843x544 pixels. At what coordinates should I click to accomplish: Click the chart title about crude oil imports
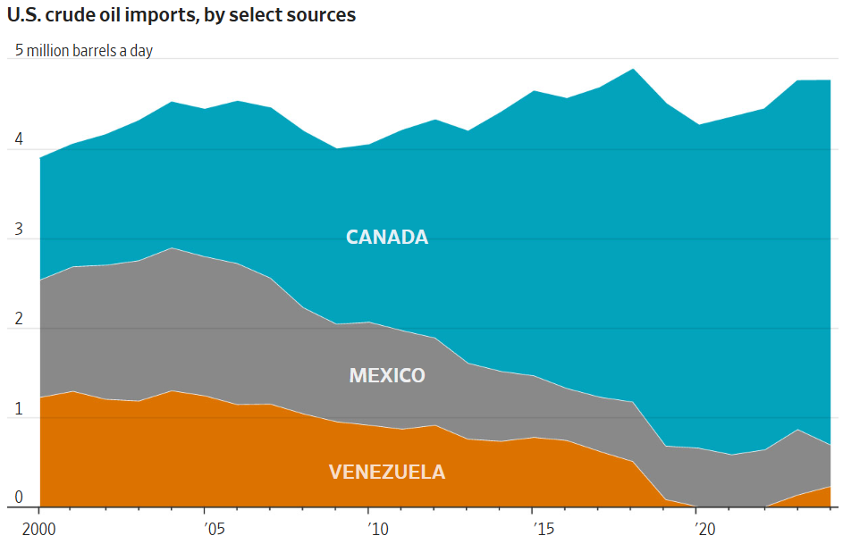point(181,15)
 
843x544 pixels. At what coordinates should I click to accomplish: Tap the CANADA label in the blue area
point(387,238)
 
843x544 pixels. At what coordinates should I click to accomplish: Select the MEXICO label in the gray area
point(387,375)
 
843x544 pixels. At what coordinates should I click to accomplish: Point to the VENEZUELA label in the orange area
point(387,473)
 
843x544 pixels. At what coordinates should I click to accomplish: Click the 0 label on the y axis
point(19,498)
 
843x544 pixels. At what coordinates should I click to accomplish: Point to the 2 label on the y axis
point(19,320)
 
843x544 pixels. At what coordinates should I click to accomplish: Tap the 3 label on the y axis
point(19,230)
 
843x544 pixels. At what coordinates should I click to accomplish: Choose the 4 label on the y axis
point(19,141)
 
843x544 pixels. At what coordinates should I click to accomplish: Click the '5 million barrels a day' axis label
point(84,51)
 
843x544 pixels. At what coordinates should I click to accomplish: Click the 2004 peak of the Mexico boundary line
point(172,248)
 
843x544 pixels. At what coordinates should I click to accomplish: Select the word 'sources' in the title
point(324,16)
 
